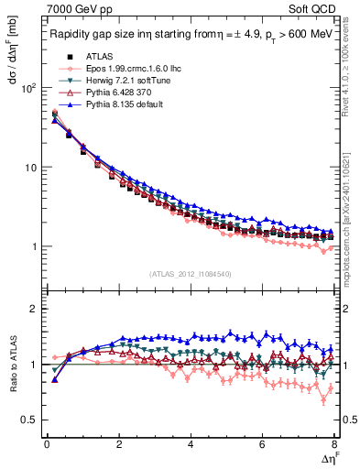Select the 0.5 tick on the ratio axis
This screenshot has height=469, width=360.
point(27,420)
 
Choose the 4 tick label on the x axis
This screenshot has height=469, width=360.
point(191,445)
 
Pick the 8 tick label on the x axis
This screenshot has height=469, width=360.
point(334,445)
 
